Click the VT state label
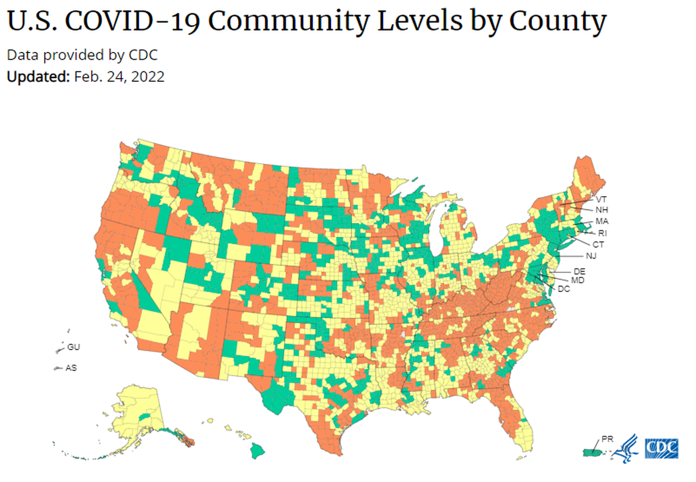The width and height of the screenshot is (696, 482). (x=601, y=199)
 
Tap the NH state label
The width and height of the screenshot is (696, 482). (x=601, y=210)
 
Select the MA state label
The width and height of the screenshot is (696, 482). (x=602, y=221)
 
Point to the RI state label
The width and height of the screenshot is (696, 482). (x=603, y=233)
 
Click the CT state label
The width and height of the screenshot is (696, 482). (x=598, y=244)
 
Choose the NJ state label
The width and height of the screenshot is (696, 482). (x=591, y=255)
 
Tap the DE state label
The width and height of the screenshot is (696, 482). (x=579, y=271)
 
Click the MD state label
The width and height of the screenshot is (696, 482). (x=578, y=280)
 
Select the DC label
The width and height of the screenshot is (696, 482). (x=564, y=288)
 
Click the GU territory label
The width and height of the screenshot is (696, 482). (x=74, y=347)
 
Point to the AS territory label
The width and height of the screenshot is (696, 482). (x=71, y=368)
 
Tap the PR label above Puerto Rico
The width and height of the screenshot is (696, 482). (x=607, y=439)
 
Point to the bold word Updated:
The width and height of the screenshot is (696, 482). (x=38, y=77)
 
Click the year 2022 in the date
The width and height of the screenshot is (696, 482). (x=148, y=77)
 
